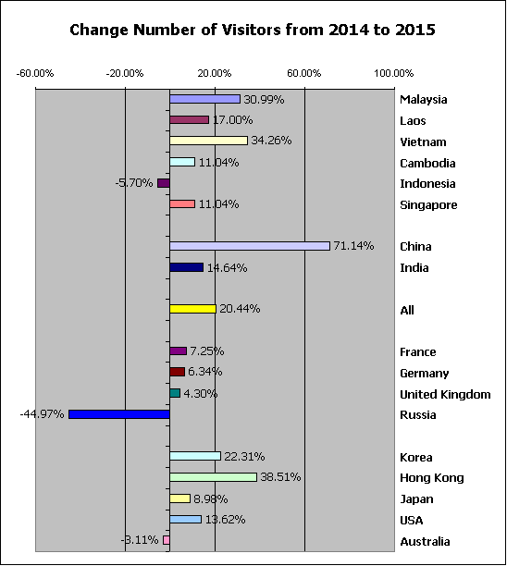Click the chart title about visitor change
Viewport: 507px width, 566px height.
click(x=253, y=30)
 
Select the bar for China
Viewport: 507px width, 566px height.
click(x=250, y=246)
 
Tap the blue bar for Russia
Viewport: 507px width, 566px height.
click(x=119, y=414)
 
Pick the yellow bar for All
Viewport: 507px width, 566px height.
click(x=192, y=309)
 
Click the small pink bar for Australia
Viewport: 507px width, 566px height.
click(x=167, y=540)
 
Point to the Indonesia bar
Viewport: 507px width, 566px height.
click(x=164, y=183)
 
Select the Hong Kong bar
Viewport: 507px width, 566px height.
click(x=213, y=477)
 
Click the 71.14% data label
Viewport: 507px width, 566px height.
click(x=353, y=246)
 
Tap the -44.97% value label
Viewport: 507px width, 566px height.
click(x=42, y=414)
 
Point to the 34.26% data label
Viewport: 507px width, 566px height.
click(x=271, y=141)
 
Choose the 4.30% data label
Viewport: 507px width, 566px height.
click(x=201, y=393)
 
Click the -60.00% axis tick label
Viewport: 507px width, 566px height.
click(x=35, y=74)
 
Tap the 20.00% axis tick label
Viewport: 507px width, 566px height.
click(x=215, y=74)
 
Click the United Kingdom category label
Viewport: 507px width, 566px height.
click(x=445, y=395)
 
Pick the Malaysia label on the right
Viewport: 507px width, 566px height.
click(x=424, y=100)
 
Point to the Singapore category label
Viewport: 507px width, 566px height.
click(x=428, y=205)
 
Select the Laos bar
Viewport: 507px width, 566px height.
click(x=190, y=120)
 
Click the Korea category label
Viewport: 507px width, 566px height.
click(x=416, y=458)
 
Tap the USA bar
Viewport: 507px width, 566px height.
click(x=186, y=520)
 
